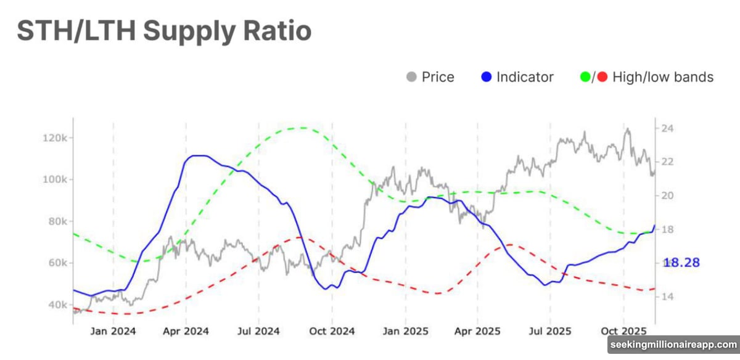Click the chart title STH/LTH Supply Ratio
pyautogui.click(x=163, y=31)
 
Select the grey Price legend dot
pyautogui.click(x=411, y=77)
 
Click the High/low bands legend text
pyautogui.click(x=663, y=77)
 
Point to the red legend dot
pyautogui.click(x=602, y=77)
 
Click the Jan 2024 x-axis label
pyautogui.click(x=113, y=331)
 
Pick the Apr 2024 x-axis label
pyautogui.click(x=186, y=331)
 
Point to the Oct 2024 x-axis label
pyautogui.click(x=332, y=331)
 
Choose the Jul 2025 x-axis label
pyautogui.click(x=550, y=331)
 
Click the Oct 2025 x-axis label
pyautogui.click(x=623, y=331)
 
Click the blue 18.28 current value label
pyautogui.click(x=683, y=263)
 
